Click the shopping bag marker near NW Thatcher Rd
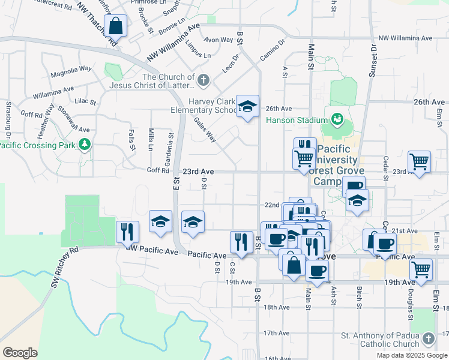pos(115,26)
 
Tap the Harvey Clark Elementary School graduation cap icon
pos(247,107)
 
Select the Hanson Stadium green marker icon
pos(337,119)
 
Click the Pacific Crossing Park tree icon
pos(85,144)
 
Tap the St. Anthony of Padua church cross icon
pos(427,339)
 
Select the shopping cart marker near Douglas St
pos(421,269)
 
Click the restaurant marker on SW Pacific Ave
pos(127,232)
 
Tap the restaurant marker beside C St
pos(241,242)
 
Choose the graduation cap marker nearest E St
pos(161,221)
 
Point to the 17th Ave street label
pos(277,333)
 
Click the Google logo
pos(20,352)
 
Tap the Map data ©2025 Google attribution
pos(411,355)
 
